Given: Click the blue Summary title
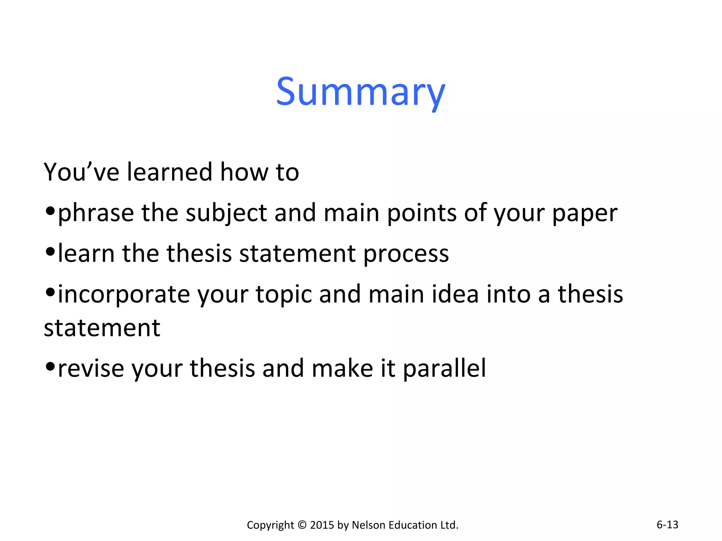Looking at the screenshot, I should [361, 92].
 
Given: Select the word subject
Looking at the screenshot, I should [226, 213].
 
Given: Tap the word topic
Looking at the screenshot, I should [284, 294].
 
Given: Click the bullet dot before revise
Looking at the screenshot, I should [50, 366].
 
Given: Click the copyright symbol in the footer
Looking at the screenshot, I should [302, 525].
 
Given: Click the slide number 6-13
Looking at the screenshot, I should [667, 524].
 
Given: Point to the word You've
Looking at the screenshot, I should [81, 172].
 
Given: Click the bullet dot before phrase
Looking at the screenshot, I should [50, 211].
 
